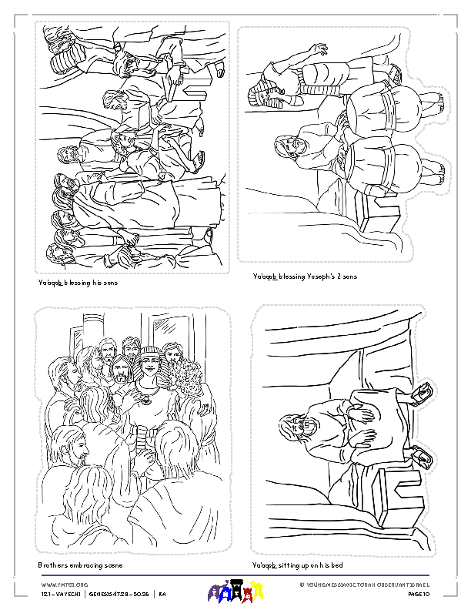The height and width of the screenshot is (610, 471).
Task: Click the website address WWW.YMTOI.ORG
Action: [58, 585]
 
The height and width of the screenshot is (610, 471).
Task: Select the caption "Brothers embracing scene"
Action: [80, 565]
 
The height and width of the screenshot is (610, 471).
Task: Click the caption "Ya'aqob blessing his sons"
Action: [78, 283]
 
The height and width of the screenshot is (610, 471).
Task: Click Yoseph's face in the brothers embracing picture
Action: [151, 369]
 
